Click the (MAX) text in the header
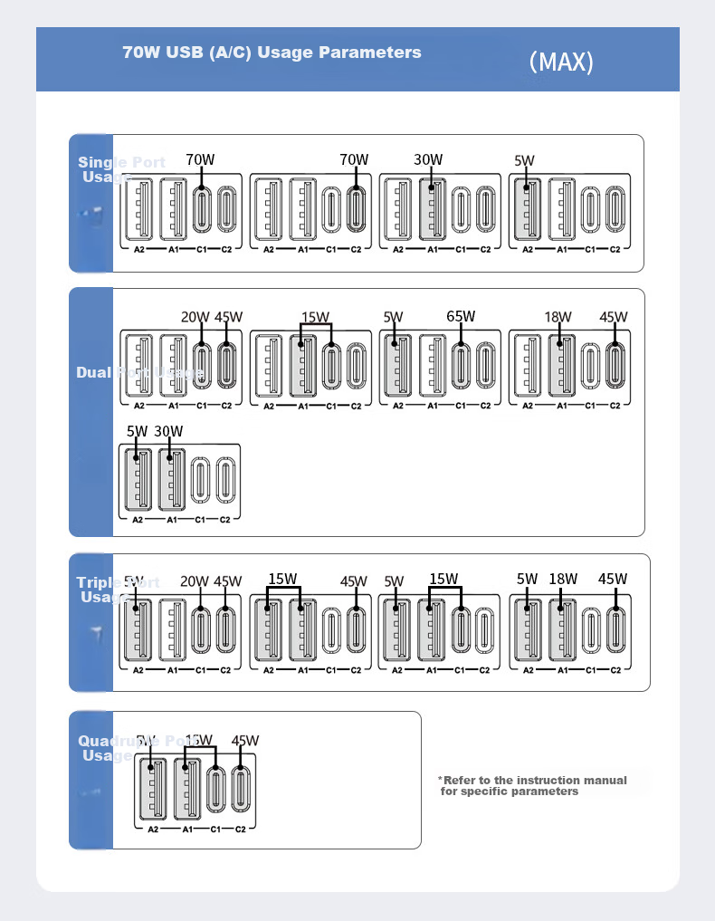coord(561,62)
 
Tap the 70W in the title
coord(142,53)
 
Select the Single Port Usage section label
coord(121,169)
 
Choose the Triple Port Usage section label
coord(118,590)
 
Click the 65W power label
coord(461,317)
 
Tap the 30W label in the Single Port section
coord(428,160)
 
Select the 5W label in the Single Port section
coord(524,161)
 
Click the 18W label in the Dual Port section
coord(558,317)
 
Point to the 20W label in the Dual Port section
coord(195,317)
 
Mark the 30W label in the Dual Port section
coord(168,431)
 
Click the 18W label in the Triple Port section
coord(563,580)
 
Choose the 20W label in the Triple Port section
coord(195,581)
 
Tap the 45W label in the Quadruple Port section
coord(245,740)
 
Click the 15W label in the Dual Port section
coord(316,317)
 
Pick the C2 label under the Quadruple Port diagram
coord(240,830)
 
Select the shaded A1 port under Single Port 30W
coord(432,211)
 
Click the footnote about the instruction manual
coord(534,785)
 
